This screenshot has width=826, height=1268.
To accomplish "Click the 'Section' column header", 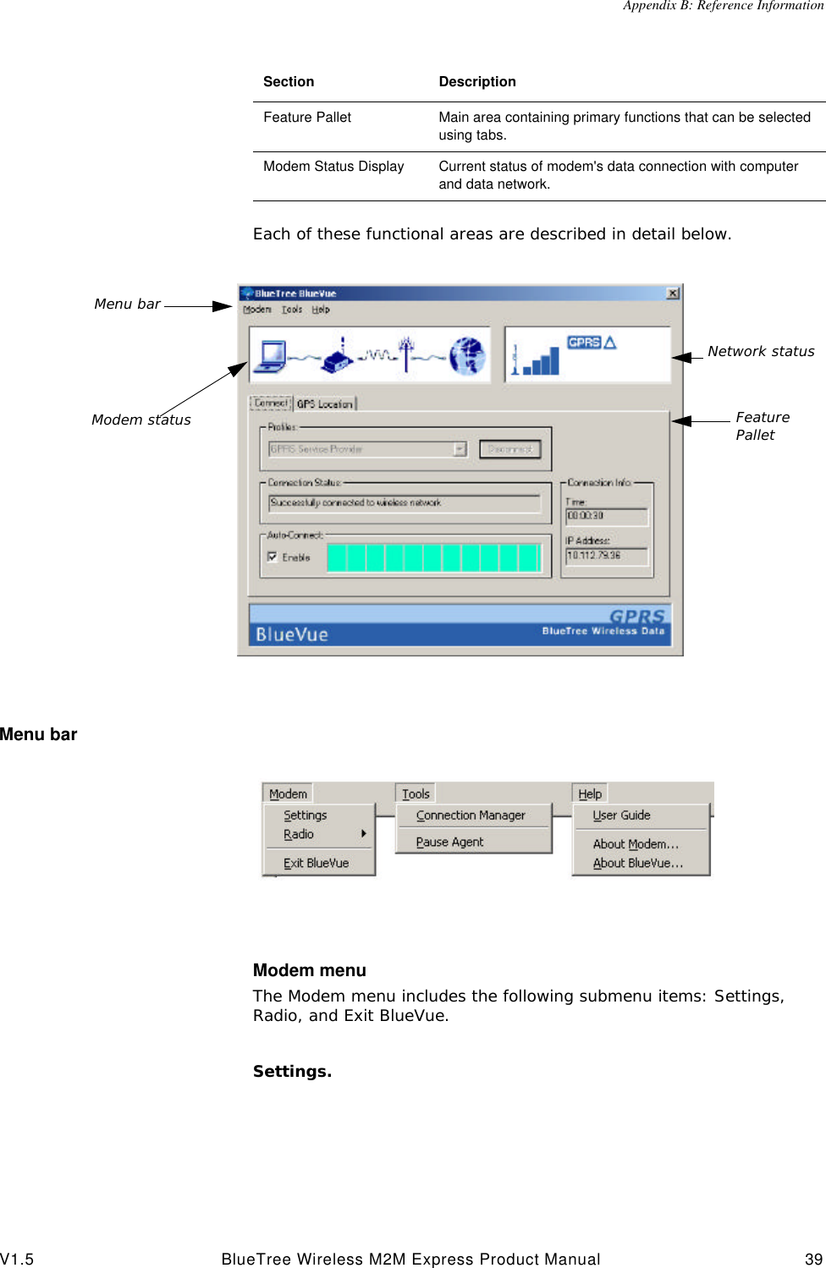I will [289, 82].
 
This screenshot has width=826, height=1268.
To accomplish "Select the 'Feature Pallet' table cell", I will [307, 118].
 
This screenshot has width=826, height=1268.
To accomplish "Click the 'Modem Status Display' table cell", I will [333, 167].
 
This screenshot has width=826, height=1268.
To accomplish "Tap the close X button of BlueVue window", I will [673, 294].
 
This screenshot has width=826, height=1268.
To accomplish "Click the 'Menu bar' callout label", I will [127, 304].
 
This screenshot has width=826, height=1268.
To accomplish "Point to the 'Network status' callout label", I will [761, 351].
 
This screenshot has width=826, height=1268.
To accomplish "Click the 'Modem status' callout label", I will [141, 420].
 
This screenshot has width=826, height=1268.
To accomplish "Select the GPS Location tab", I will [325, 404].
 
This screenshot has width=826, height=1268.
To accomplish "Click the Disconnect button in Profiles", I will [509, 449].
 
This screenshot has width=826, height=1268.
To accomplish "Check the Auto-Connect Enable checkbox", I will [273, 557].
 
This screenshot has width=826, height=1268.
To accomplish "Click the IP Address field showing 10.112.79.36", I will [606, 556].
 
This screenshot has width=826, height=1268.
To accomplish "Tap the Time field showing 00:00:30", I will [606, 515].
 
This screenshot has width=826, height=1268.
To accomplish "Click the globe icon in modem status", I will [467, 355].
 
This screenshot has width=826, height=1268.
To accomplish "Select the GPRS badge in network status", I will [584, 343].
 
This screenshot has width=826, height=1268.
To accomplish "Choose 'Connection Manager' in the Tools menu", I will [471, 815].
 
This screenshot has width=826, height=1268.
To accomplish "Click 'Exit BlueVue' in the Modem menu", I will [316, 863].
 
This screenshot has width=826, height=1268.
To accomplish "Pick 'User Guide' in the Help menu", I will [621, 815].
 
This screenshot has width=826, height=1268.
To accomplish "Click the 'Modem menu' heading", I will [310, 970].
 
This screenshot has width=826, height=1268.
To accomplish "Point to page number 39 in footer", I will [813, 1259].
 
